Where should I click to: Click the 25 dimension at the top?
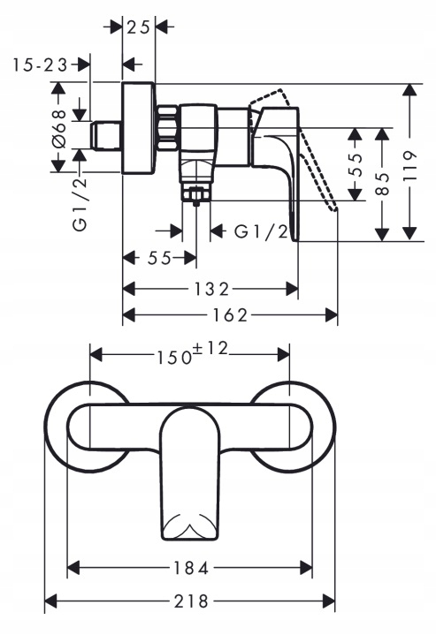[139, 27]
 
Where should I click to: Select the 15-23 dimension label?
[40, 64]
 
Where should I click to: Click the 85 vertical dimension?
[382, 185]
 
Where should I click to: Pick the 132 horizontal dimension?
[211, 289]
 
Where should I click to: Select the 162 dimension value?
[230, 315]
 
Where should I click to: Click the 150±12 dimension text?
[192, 352]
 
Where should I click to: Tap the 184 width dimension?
[191, 568]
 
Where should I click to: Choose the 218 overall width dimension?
[191, 601]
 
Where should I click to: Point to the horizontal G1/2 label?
[261, 231]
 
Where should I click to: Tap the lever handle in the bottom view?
[190, 473]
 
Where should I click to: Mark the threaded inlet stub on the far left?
[105, 136]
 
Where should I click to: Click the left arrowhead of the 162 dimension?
[128, 315]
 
